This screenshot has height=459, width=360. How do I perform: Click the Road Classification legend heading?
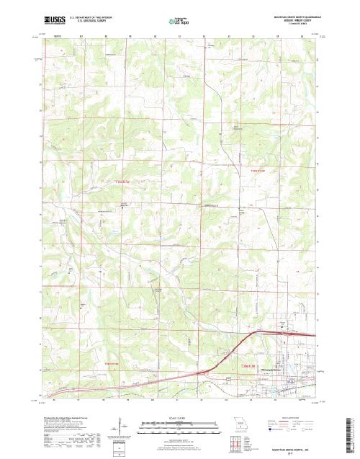(289, 417)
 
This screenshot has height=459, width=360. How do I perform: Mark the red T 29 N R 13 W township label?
(248, 171)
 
